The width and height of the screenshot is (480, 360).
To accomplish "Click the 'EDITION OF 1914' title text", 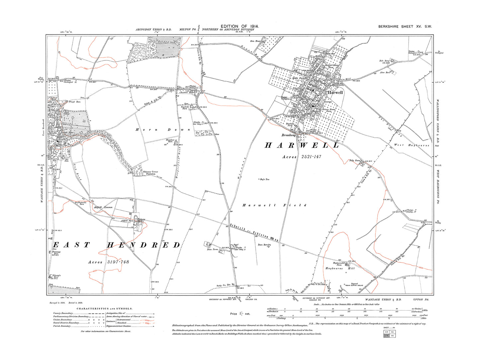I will click(x=240, y=26).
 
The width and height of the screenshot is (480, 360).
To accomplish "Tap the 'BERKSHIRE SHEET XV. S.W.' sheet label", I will click(x=405, y=27).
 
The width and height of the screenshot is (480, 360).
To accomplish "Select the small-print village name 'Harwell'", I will click(x=335, y=93).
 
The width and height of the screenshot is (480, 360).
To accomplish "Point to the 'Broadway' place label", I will click(x=289, y=135).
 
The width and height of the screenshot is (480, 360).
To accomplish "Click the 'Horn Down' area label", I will click(x=163, y=130).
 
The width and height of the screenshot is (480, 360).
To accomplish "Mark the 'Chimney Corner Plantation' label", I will click(x=150, y=173).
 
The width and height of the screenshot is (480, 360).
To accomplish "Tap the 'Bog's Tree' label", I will click(x=265, y=179).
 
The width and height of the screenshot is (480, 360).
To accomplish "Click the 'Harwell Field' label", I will click(x=274, y=205).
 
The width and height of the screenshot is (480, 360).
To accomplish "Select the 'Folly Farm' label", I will click(x=355, y=160).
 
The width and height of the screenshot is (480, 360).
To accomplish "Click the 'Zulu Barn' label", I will click(x=384, y=61).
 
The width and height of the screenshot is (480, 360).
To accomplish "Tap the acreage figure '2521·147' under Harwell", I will click(x=311, y=157).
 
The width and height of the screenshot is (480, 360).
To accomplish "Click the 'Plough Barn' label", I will click(x=76, y=102).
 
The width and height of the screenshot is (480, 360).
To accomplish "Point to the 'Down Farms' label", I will click(x=213, y=249).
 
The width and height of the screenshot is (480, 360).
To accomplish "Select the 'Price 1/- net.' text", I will click(x=240, y=314).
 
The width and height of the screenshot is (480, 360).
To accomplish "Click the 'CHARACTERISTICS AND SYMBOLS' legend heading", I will click(x=105, y=309).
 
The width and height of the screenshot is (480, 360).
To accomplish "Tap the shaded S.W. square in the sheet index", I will click(x=386, y=336).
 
